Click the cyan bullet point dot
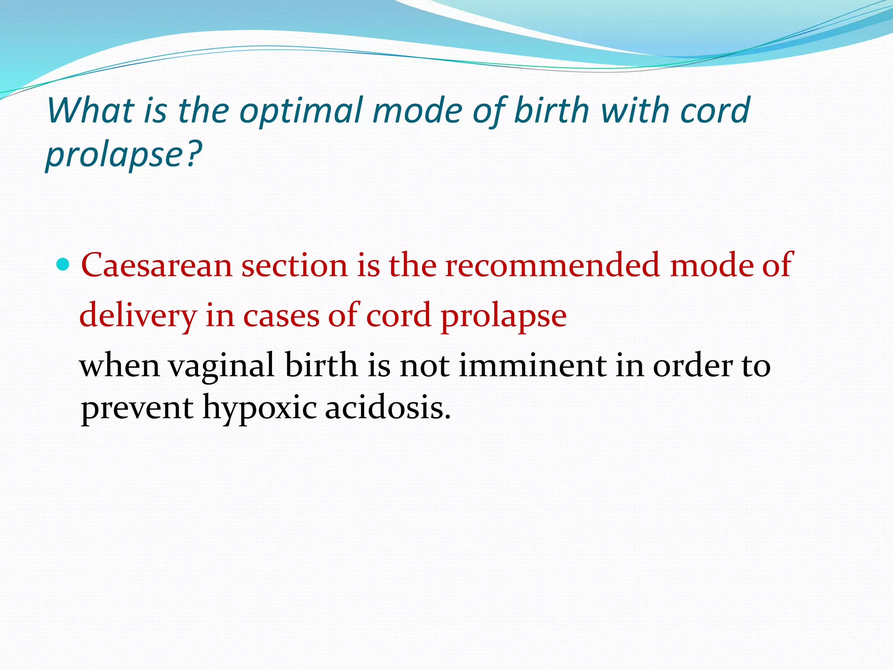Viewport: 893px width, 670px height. click(x=63, y=264)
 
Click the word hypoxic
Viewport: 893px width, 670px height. click(x=259, y=408)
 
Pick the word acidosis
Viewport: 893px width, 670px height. click(x=388, y=408)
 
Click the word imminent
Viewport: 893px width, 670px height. click(x=532, y=366)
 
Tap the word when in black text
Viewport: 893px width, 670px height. click(x=119, y=366)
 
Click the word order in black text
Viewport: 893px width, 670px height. click(x=692, y=366)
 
